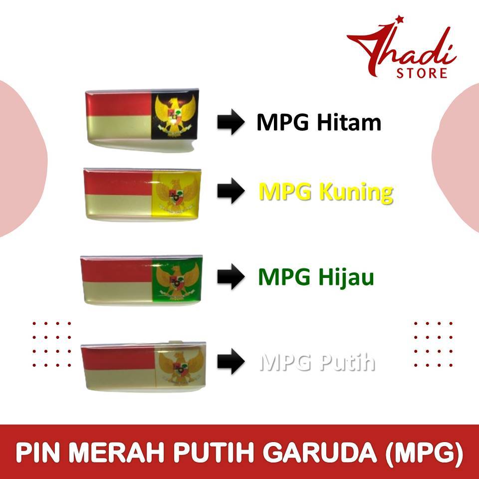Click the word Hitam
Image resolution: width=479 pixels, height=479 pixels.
tap(349, 122)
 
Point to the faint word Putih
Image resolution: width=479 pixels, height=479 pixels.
tap(347, 362)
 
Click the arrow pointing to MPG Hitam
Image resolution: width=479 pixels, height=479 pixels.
tap(231, 122)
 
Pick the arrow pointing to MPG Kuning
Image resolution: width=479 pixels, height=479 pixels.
tap(231, 191)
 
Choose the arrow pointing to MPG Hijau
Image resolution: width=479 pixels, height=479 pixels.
tap(231, 276)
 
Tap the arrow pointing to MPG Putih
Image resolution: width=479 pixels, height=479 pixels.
tap(231, 361)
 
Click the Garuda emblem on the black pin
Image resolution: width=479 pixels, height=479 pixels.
tap(175, 115)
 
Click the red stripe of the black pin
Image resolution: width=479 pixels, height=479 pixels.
tap(119, 104)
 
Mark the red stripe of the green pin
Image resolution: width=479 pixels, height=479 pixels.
tap(117, 270)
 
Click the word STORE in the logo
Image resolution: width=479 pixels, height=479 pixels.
tap(422, 73)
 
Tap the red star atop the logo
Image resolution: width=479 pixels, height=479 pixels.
tap(399, 19)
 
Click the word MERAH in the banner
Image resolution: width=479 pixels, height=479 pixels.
tap(119, 453)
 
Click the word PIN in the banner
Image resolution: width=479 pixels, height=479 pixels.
tap(38, 453)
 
